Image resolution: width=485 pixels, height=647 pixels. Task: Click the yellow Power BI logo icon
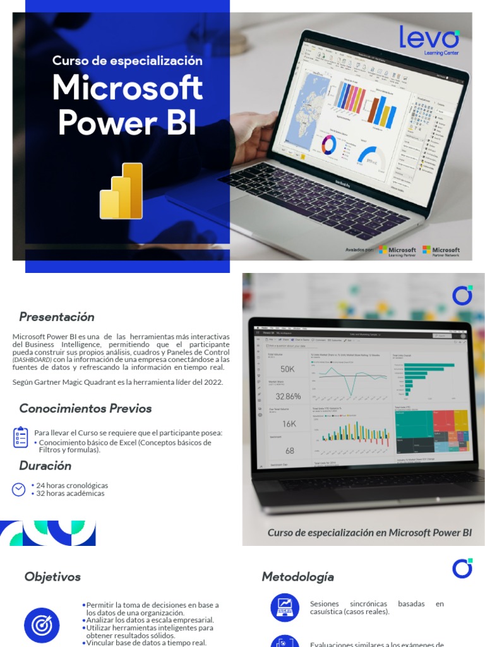tap(122, 191)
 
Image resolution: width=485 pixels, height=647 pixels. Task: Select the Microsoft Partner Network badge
tap(441, 251)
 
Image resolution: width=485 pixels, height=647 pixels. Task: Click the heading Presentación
tap(57, 317)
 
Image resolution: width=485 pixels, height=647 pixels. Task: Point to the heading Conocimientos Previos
tap(85, 408)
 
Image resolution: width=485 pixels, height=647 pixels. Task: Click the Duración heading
tap(45, 466)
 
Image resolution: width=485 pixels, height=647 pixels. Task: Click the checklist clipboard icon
tap(20, 437)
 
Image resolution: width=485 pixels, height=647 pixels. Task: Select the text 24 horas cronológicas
tap(72, 485)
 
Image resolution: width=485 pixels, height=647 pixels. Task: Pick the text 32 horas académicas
tap(71, 493)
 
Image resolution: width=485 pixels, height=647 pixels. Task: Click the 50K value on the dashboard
tap(288, 369)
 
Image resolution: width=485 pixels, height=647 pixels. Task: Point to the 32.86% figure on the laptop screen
tap(288, 396)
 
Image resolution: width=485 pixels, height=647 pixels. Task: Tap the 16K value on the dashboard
tap(289, 423)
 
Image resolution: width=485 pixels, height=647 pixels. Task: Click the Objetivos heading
tap(52, 576)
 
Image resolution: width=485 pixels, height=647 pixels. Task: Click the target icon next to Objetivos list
tap(42, 626)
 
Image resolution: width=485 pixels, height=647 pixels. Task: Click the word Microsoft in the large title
tap(128, 88)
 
